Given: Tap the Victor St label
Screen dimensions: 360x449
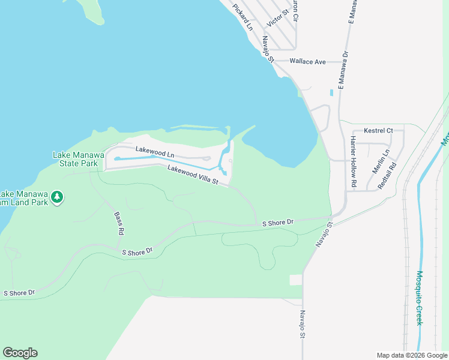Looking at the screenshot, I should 278,17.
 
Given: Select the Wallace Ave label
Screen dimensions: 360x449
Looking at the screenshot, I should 307,61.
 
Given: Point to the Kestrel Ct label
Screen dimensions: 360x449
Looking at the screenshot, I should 378,130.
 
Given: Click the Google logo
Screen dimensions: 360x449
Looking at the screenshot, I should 20,353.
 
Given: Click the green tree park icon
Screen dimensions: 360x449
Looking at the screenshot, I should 57,197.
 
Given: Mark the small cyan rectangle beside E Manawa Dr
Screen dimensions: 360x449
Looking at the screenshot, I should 331,93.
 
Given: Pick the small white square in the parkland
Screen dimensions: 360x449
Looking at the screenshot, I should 295,280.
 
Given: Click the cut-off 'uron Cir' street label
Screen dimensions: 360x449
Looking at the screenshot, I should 295,11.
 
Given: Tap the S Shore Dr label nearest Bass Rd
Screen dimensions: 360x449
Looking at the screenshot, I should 137,252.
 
